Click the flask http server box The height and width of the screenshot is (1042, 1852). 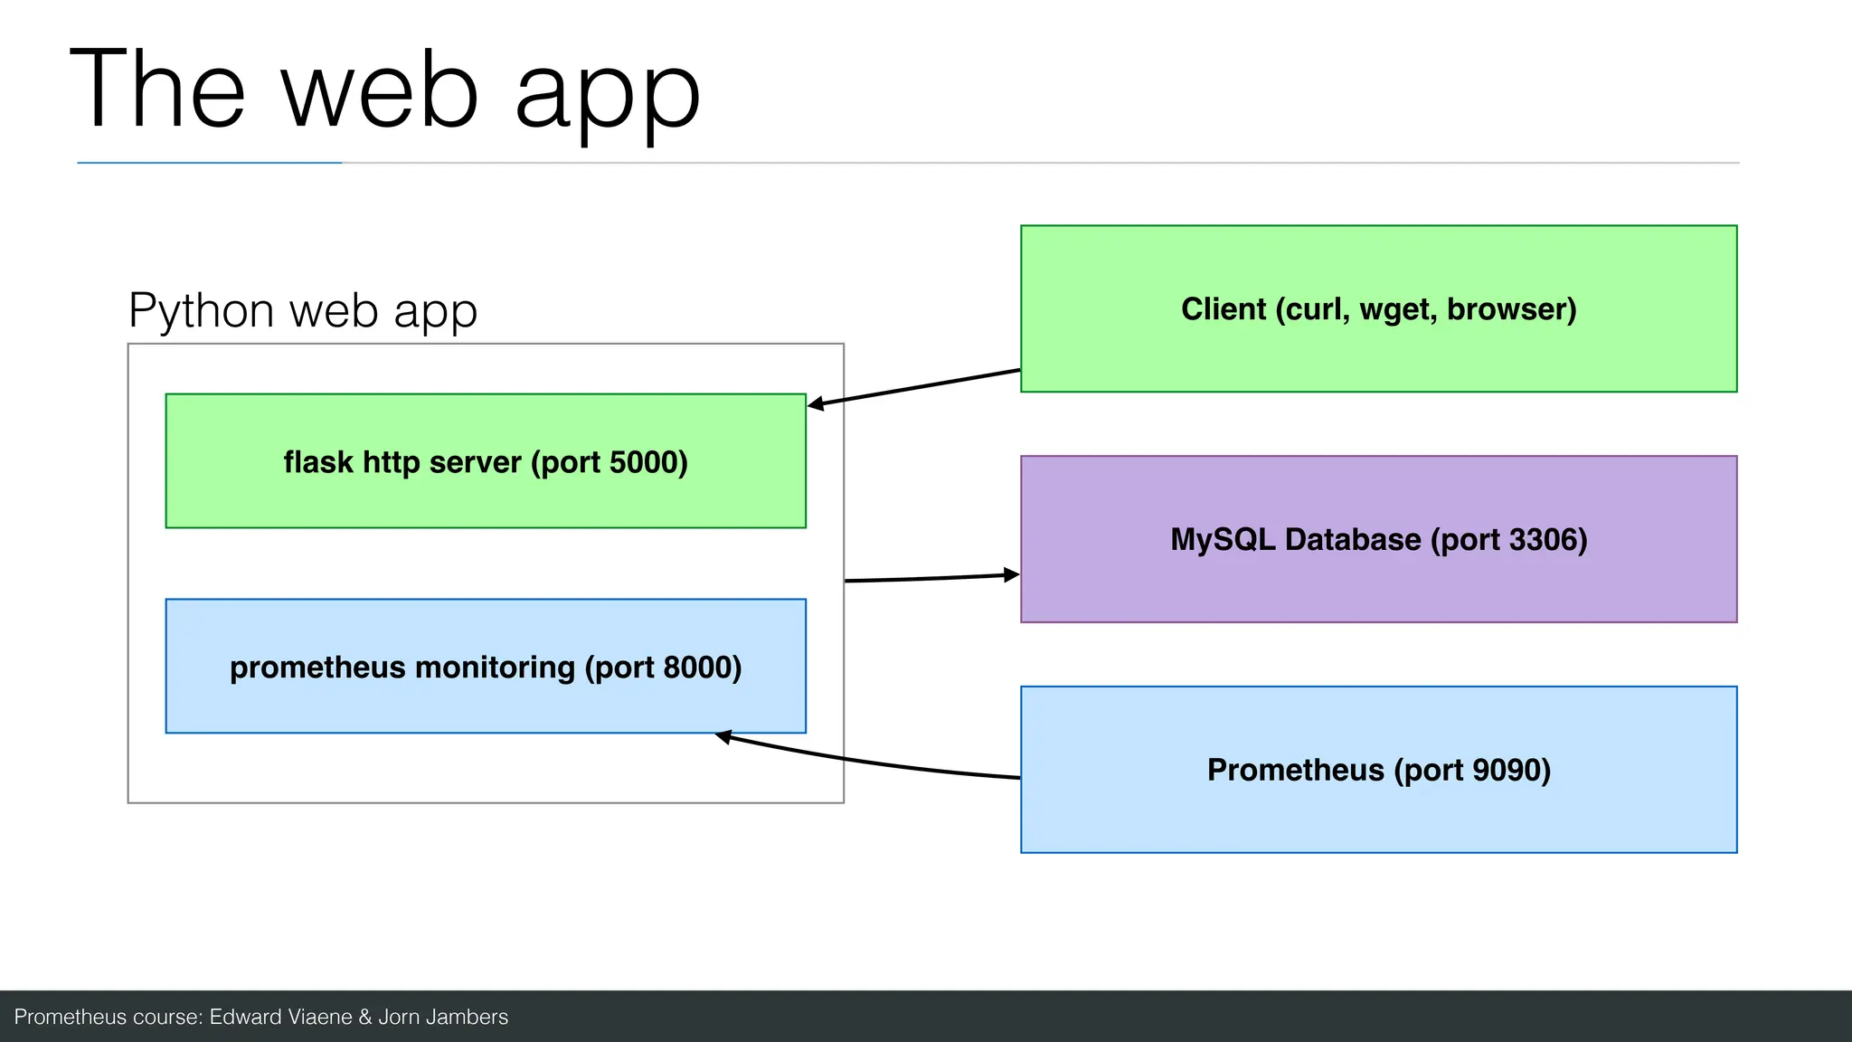486,494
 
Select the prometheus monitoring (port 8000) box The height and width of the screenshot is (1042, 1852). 486,702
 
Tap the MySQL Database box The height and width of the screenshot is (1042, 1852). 1378,579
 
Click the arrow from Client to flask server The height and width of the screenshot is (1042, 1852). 913,388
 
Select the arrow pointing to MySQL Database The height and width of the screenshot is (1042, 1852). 931,577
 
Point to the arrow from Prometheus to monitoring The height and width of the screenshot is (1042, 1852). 868,763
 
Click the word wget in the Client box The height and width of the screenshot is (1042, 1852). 1398,310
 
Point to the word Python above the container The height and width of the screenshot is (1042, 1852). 201,312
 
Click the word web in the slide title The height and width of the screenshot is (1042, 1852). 380,90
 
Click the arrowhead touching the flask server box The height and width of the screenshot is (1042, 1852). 816,404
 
